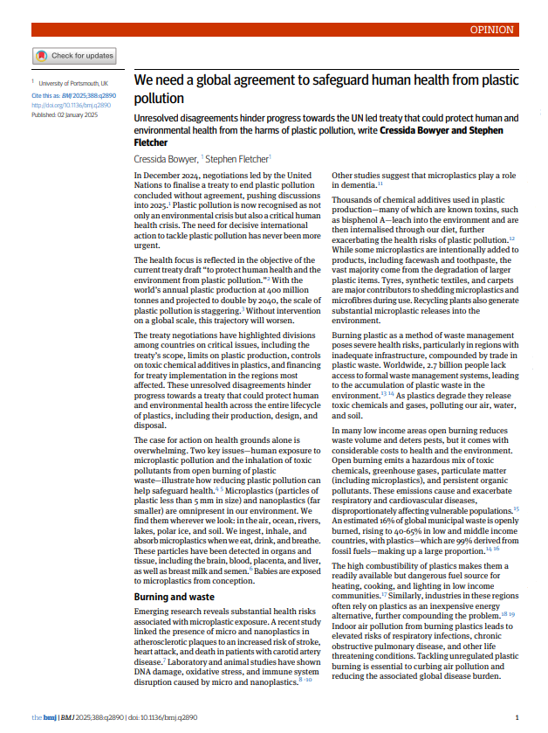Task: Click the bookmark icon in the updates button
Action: (41, 56)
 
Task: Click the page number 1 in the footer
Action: (518, 717)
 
